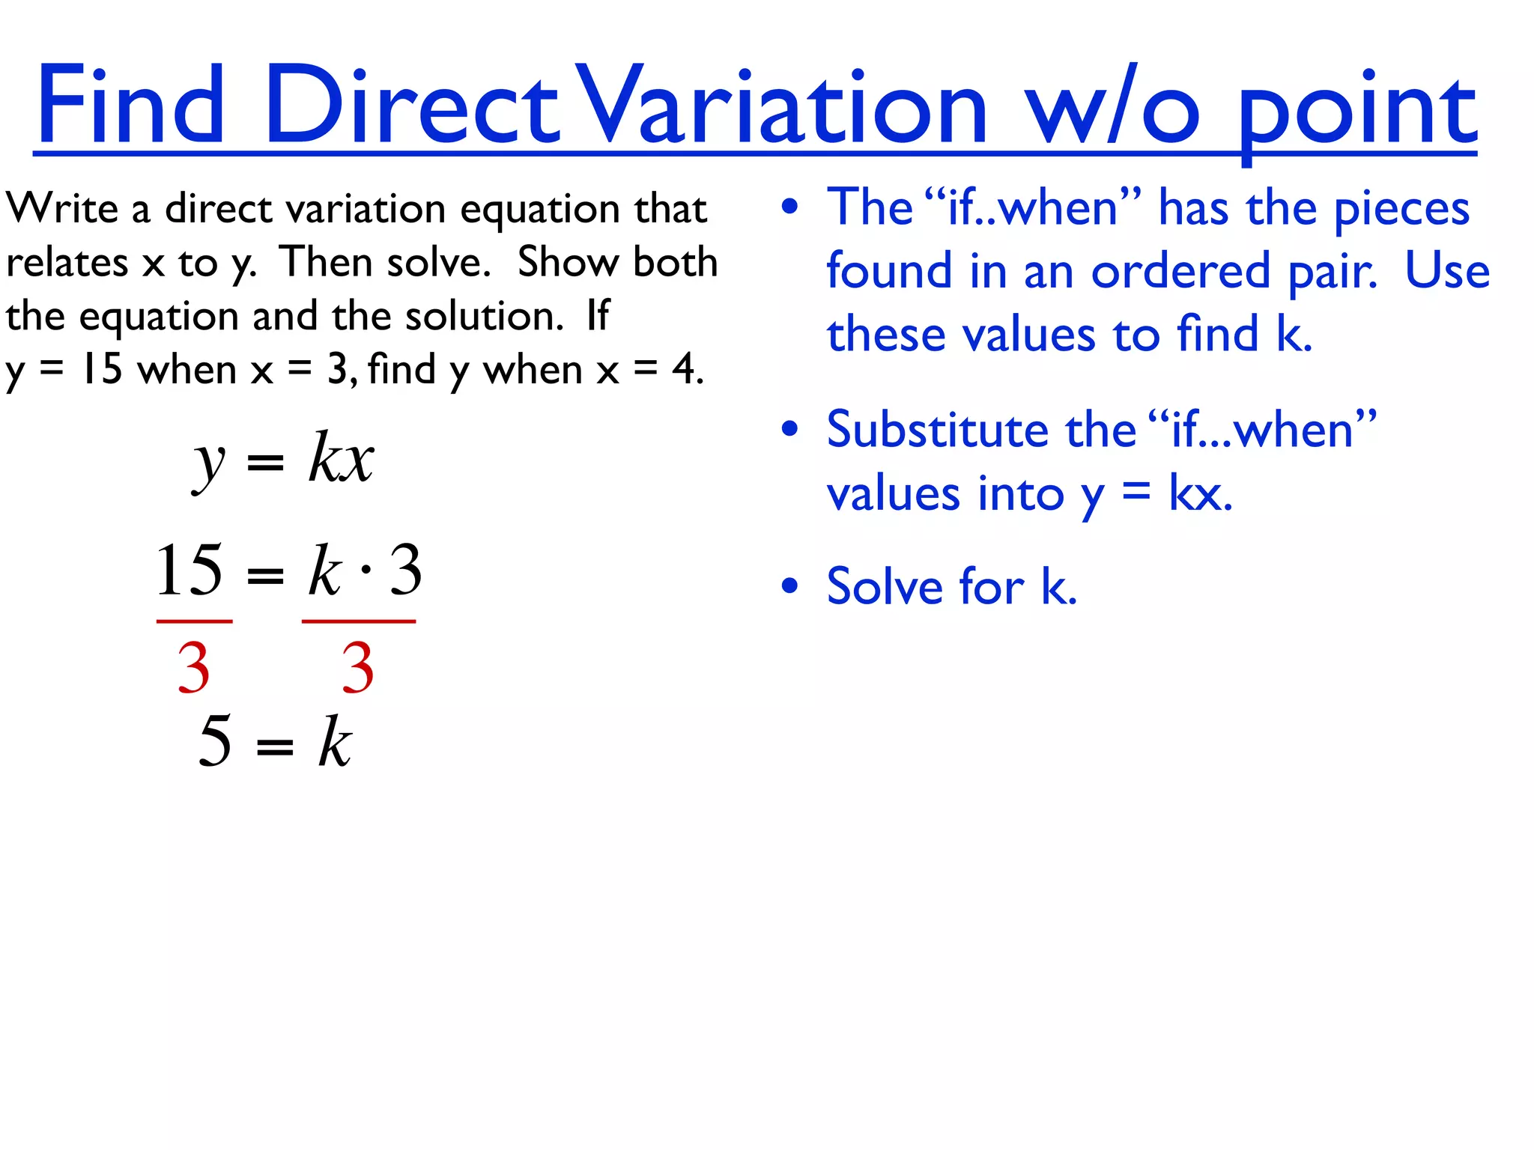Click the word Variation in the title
click(x=783, y=105)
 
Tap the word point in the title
click(x=1356, y=112)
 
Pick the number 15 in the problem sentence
click(x=101, y=369)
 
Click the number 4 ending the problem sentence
click(x=683, y=369)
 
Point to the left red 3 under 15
click(x=193, y=668)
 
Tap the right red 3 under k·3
click(x=357, y=668)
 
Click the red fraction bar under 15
click(x=194, y=621)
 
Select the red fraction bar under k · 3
click(x=358, y=621)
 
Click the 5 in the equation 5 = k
click(x=215, y=741)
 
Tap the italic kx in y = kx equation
click(x=341, y=458)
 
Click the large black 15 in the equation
click(x=189, y=571)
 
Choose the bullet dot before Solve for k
click(x=789, y=585)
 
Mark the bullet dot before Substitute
click(x=789, y=430)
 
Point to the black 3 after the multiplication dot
click(x=406, y=571)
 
